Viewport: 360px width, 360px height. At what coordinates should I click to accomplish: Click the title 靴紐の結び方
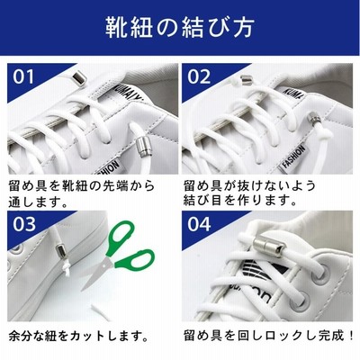(x=180, y=27)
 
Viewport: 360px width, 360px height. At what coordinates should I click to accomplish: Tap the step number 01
(x=23, y=77)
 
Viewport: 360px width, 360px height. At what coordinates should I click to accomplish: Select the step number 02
(x=199, y=77)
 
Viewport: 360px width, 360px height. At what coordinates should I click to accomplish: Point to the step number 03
(x=24, y=224)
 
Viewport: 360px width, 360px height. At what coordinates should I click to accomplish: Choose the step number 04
(x=199, y=224)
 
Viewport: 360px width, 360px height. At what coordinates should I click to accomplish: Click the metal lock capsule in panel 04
(x=268, y=245)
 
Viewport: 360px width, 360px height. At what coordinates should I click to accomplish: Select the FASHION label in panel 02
(x=294, y=157)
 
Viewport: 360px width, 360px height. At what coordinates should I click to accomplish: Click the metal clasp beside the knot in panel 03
(x=61, y=248)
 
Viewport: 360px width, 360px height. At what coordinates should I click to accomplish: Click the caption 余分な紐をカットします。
(x=78, y=337)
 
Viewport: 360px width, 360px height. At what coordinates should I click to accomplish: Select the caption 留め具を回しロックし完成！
(x=268, y=336)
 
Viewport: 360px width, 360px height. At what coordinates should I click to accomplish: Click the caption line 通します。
(x=38, y=202)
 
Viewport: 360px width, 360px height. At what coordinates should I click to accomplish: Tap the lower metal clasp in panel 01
(x=141, y=147)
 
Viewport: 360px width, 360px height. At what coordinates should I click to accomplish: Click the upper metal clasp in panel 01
(x=79, y=78)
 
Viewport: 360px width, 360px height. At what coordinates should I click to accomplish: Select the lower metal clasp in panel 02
(x=315, y=120)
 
